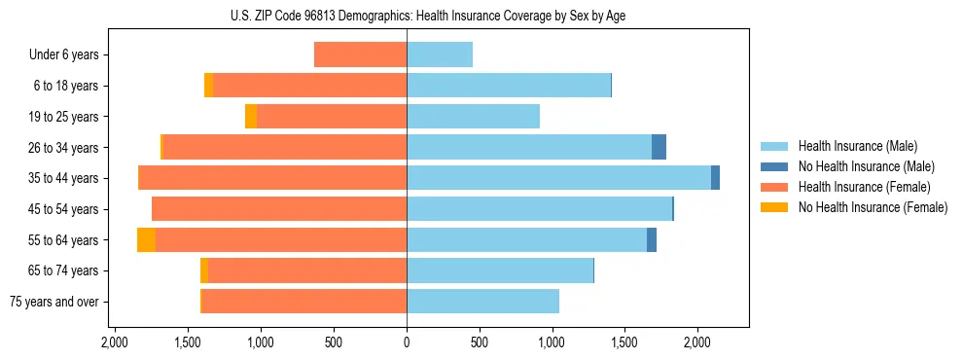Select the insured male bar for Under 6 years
[x=440, y=55]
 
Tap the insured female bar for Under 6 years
[x=360, y=55]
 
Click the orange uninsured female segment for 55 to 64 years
[x=146, y=240]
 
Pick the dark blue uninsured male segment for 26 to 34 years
[x=659, y=148]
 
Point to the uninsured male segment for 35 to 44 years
[x=715, y=178]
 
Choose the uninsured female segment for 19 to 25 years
[x=251, y=117]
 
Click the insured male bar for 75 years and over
[x=482, y=302]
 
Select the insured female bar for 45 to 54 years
[x=279, y=209]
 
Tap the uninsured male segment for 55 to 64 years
[x=652, y=240]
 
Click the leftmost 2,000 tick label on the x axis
[x=115, y=342]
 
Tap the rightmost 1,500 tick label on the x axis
[x=624, y=342]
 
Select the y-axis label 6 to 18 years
[x=66, y=86]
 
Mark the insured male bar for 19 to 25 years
[x=473, y=117]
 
